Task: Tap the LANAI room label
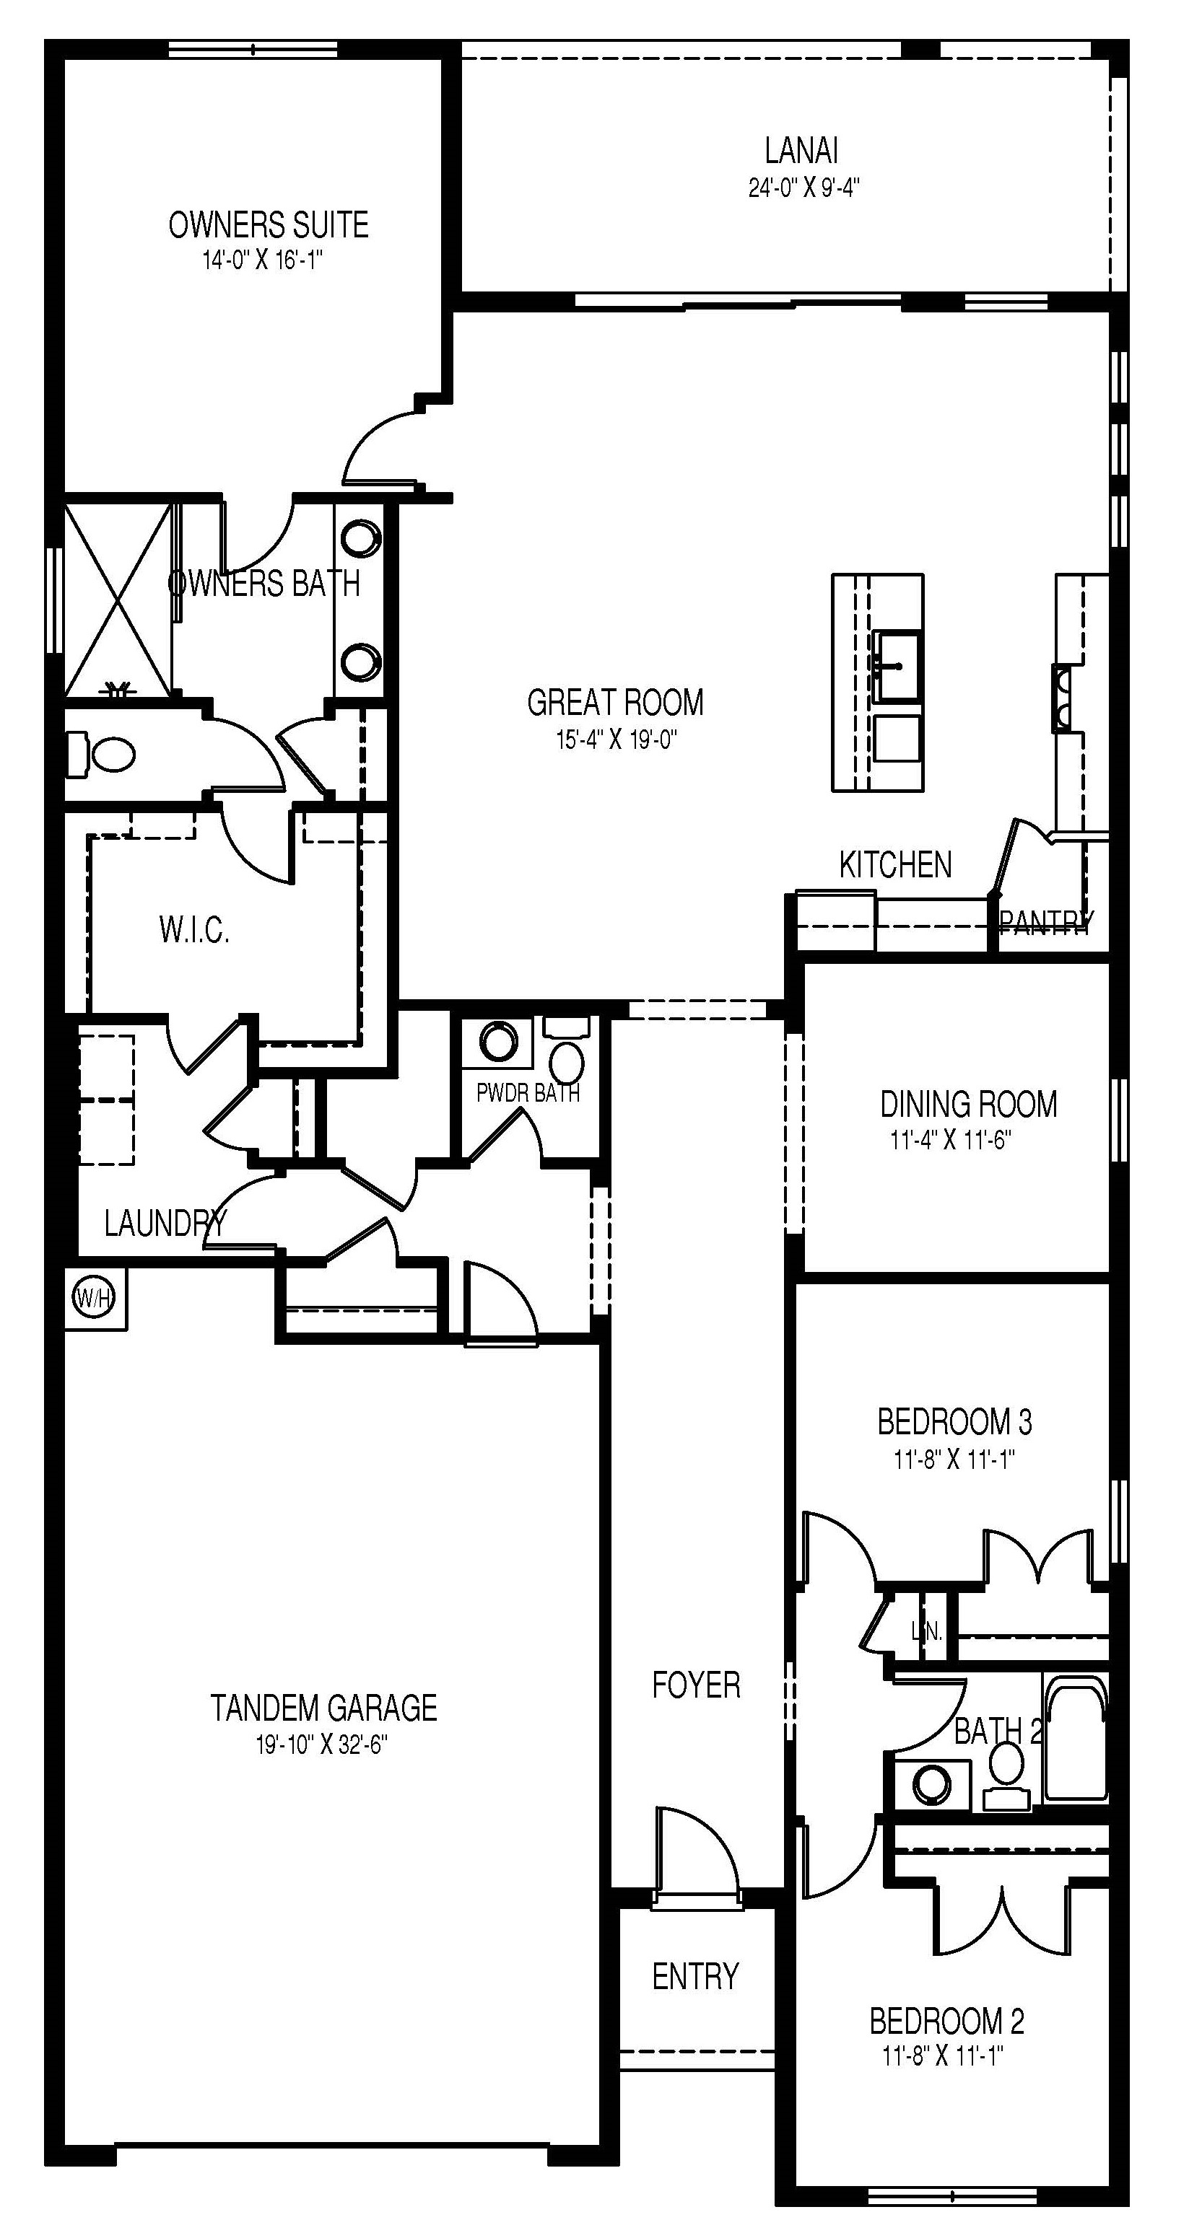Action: click(801, 152)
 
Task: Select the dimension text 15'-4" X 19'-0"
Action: click(617, 740)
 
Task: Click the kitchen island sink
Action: click(897, 667)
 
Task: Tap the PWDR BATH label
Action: click(528, 1093)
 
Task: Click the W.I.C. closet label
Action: click(195, 931)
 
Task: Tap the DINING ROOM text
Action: click(968, 1105)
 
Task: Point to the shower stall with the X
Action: click(118, 600)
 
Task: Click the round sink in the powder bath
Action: click(497, 1042)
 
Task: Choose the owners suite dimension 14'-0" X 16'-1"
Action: click(264, 260)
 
